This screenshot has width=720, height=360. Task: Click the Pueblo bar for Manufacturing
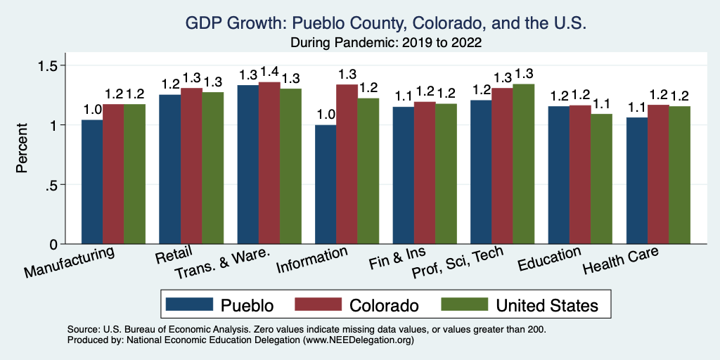click(x=92, y=182)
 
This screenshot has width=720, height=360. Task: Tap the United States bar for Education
click(x=601, y=179)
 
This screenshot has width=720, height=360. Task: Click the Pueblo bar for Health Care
click(x=637, y=181)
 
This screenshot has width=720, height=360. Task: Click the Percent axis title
click(x=22, y=149)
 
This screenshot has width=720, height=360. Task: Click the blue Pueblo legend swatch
click(x=189, y=304)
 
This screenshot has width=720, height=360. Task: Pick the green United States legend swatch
click(x=463, y=304)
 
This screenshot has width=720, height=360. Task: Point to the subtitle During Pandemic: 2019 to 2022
click(x=385, y=42)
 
